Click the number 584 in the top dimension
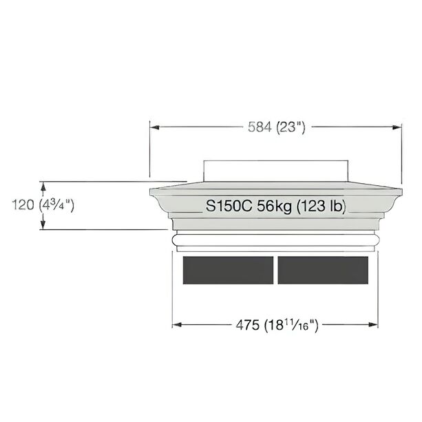tap(260, 127)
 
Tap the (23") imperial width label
tap(291, 127)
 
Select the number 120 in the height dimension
tap(23, 205)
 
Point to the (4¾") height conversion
tap(56, 205)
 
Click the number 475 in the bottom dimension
tap(248, 325)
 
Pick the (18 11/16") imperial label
tap(291, 325)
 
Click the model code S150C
tap(229, 207)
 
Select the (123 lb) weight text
tap(321, 207)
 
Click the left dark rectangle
tap(229, 271)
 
